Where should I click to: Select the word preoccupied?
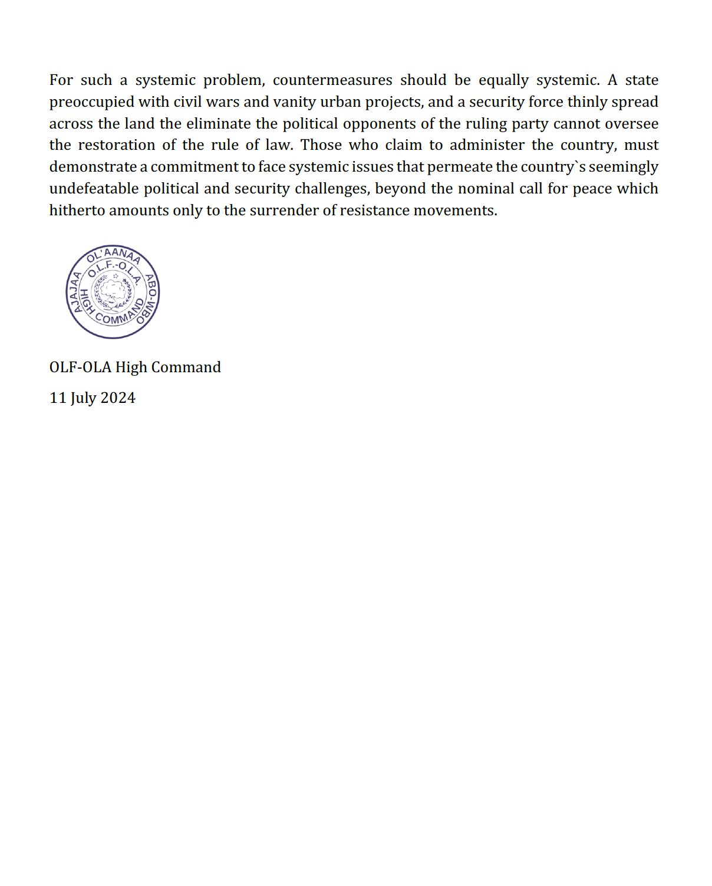(x=91, y=102)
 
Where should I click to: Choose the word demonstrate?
(x=93, y=167)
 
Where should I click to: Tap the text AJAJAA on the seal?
(x=75, y=293)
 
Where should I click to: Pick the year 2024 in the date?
(x=118, y=398)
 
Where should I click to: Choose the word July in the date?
(x=83, y=398)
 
